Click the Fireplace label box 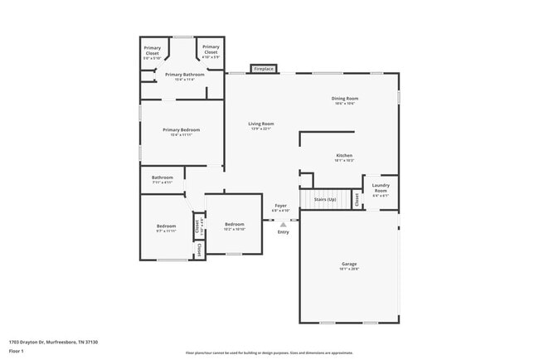[x=263, y=69]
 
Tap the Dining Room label [x=345, y=100]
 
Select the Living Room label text [x=261, y=125]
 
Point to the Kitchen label [x=344, y=157]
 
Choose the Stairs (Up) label [x=324, y=200]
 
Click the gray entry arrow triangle [x=284, y=224]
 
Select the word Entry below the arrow [x=284, y=232]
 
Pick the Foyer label [x=281, y=207]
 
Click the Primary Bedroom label [x=181, y=131]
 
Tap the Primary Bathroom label [x=184, y=75]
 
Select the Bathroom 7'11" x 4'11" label [x=163, y=179]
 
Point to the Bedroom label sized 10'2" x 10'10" [x=235, y=226]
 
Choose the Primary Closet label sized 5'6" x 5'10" [x=153, y=51]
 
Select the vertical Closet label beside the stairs [x=357, y=199]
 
